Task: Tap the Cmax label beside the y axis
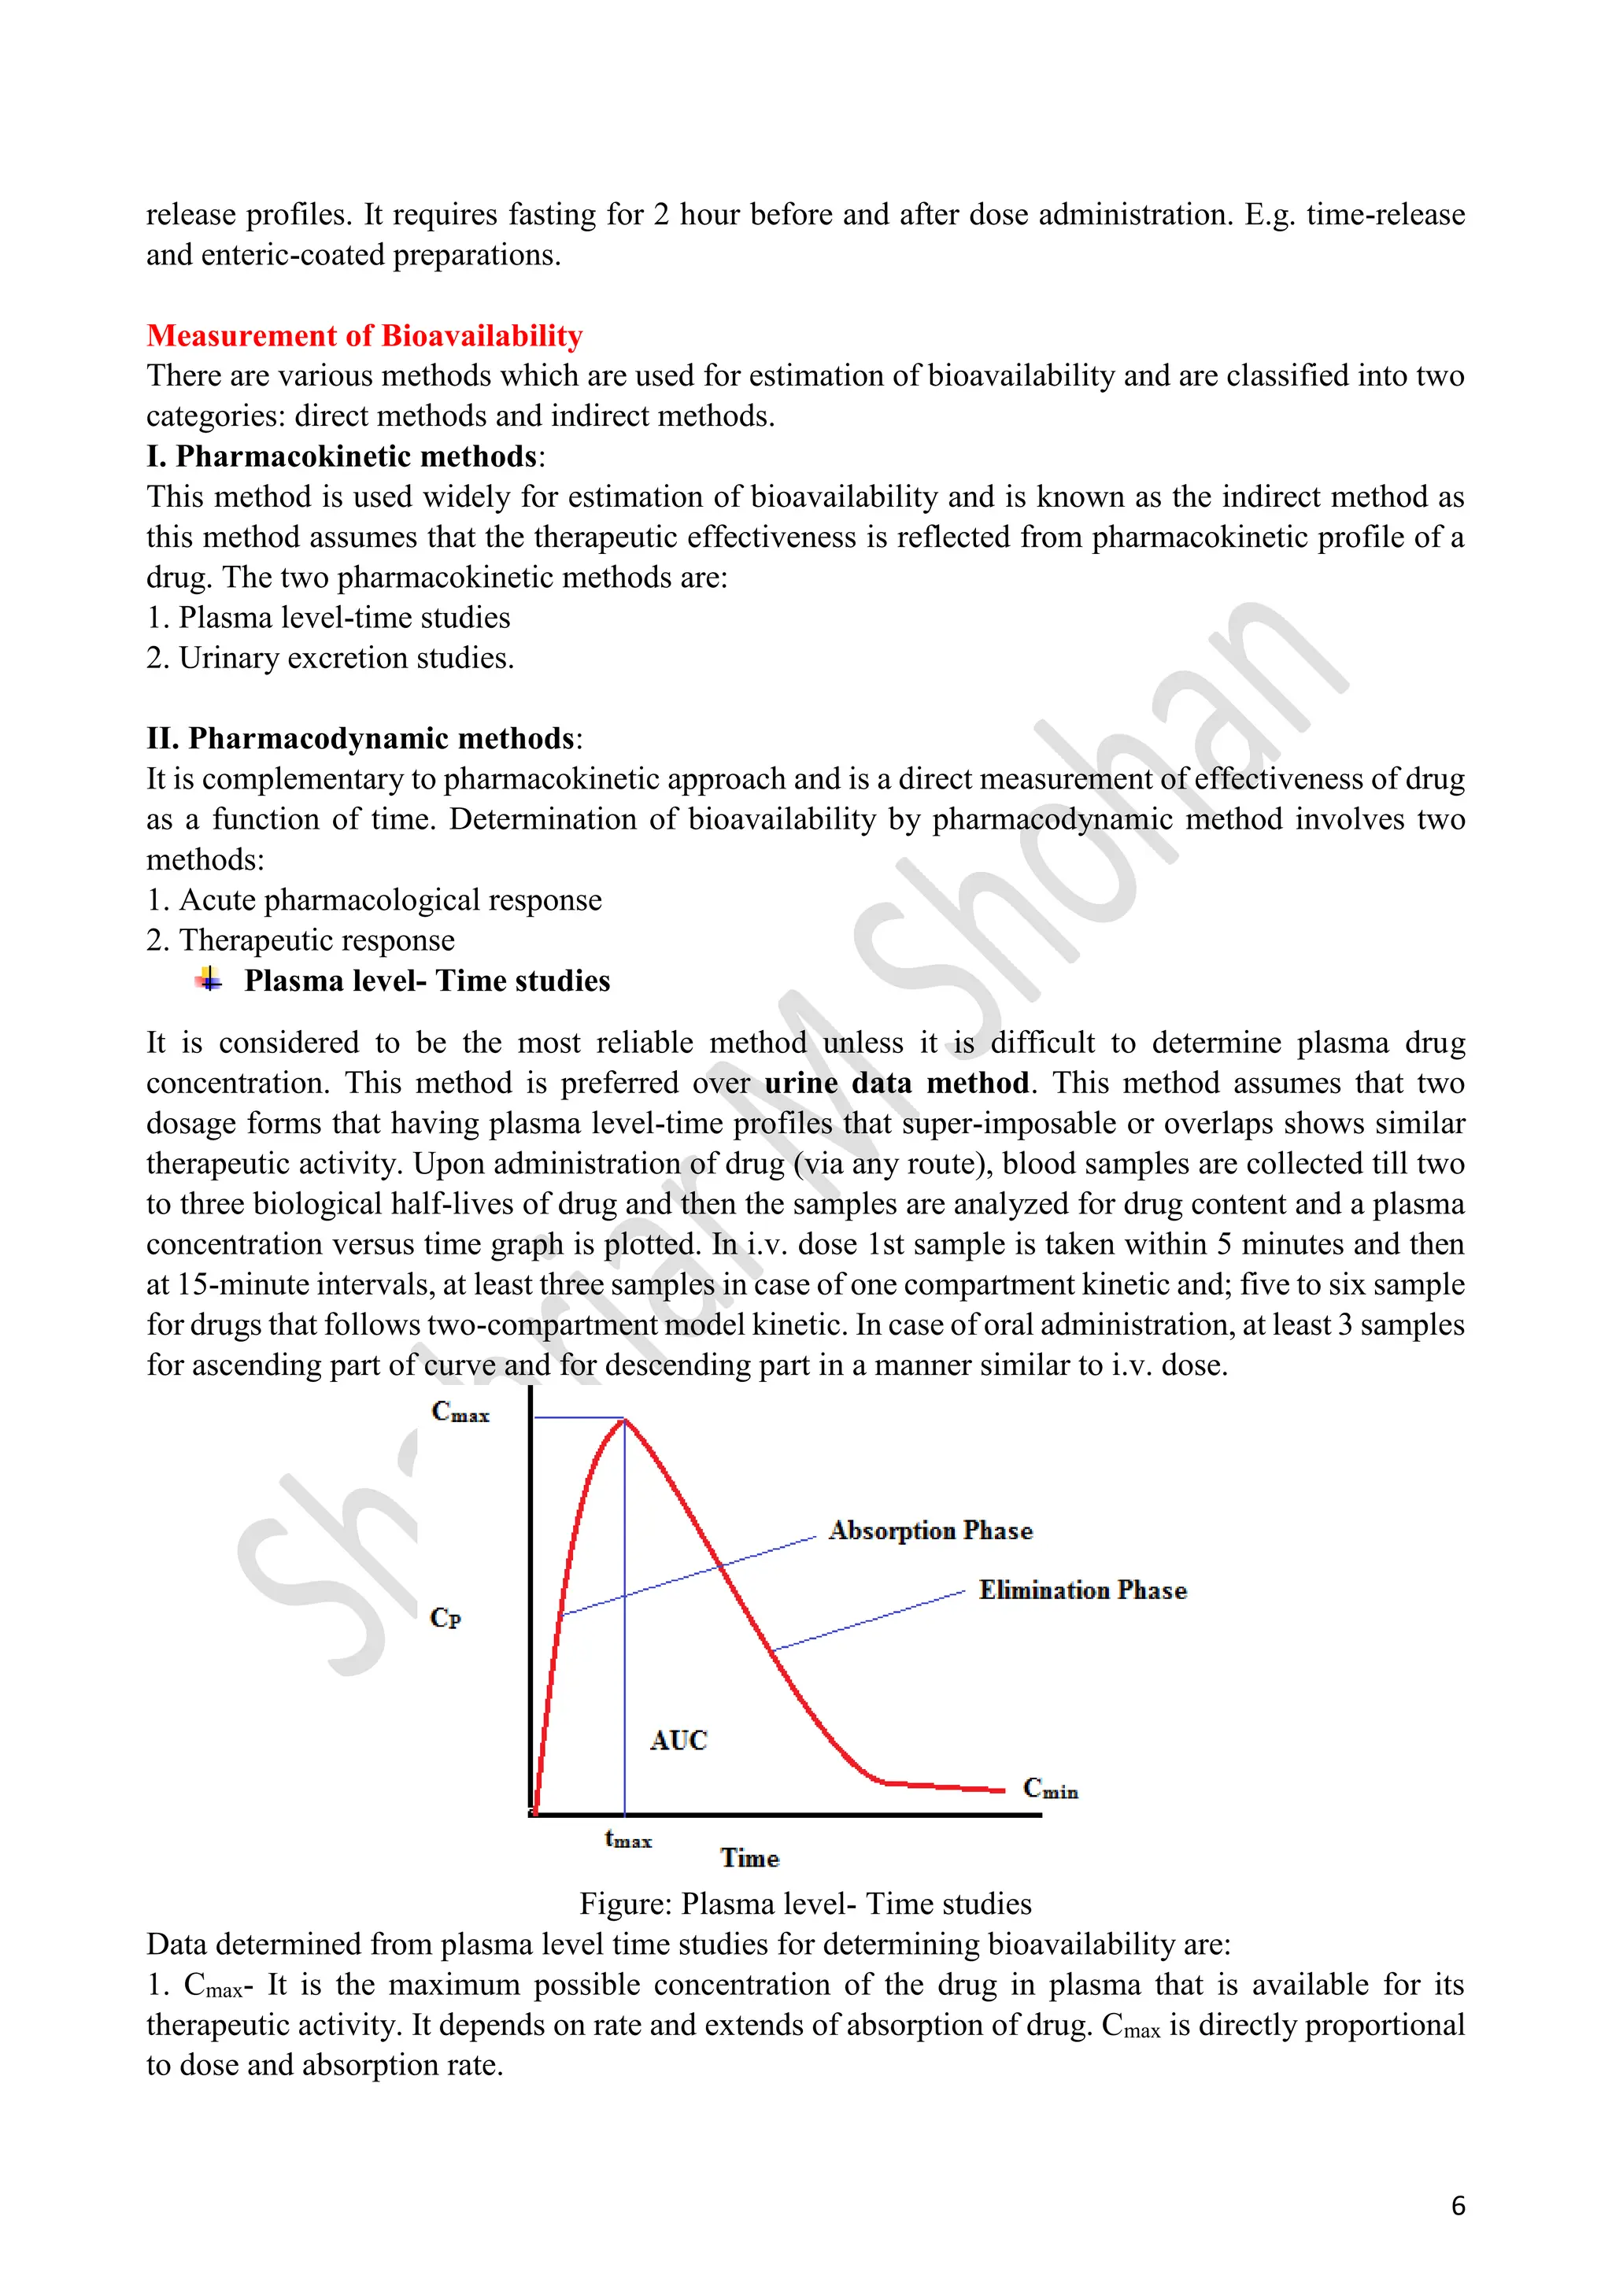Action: (460, 1412)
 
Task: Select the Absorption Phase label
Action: (930, 1531)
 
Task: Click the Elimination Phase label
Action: (1082, 1590)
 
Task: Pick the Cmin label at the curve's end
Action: (1050, 1789)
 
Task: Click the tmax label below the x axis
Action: (627, 1839)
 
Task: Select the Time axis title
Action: (749, 1858)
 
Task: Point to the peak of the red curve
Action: (624, 1420)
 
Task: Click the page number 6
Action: (1457, 2206)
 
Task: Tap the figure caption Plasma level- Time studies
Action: (805, 1904)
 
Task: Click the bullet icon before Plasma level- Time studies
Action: (209, 980)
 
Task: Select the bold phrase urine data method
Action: (897, 1083)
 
